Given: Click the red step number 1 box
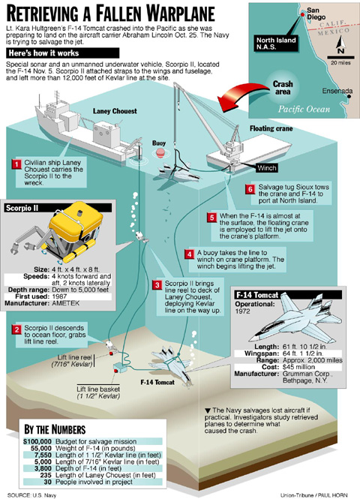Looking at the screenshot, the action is click(16, 164).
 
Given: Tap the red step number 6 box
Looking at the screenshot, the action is click(250, 189).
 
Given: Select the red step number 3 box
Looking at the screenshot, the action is click(157, 285).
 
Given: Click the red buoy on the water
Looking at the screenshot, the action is click(159, 153).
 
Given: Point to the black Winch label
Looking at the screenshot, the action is click(267, 168).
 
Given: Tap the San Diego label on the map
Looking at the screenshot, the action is click(316, 14).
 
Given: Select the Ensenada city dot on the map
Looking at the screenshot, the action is click(349, 97).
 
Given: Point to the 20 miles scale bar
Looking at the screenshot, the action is click(341, 58).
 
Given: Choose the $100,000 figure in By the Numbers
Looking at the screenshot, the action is click(37, 441).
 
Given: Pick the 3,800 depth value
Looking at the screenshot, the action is click(43, 468).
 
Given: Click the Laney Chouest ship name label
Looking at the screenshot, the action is click(115, 111).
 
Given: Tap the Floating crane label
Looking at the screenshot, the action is click(271, 128).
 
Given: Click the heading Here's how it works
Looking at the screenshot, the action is click(43, 53).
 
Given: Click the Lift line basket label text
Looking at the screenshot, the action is click(98, 389).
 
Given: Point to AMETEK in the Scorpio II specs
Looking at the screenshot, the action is click(66, 303).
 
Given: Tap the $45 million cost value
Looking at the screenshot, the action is click(298, 367).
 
